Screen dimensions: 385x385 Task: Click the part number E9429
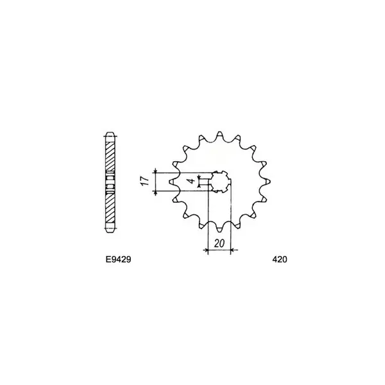click(x=118, y=259)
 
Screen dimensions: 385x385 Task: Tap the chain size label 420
click(x=279, y=259)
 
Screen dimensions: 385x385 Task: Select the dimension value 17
click(x=145, y=182)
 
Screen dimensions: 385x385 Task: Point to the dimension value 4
click(x=191, y=182)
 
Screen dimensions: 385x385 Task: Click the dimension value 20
click(x=219, y=243)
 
